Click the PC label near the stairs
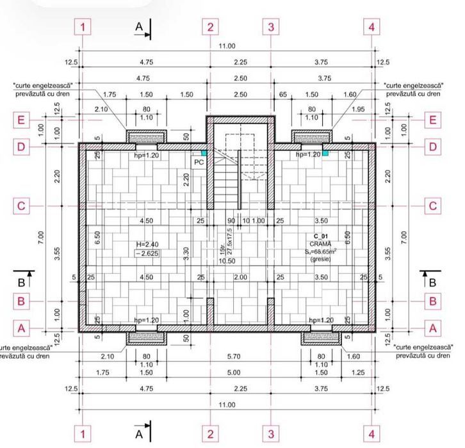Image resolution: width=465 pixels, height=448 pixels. coord(199,163)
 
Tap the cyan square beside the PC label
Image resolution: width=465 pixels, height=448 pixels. coord(204,154)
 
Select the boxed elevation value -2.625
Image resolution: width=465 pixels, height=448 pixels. coord(146,253)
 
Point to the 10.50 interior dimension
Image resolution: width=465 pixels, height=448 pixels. coord(225,261)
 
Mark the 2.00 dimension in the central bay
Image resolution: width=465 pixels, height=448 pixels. coord(240,278)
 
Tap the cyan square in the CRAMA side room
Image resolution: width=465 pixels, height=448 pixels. coord(325,154)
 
